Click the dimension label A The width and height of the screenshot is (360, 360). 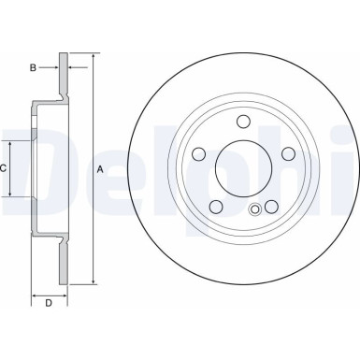(100, 169)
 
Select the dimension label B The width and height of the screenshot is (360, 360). (32, 67)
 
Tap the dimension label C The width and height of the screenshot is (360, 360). (5, 168)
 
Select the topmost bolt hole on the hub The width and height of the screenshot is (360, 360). (241, 121)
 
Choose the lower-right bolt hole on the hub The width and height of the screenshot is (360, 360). (269, 208)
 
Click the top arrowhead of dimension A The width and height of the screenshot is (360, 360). (94, 58)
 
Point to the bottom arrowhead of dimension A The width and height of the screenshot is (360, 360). (94, 280)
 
